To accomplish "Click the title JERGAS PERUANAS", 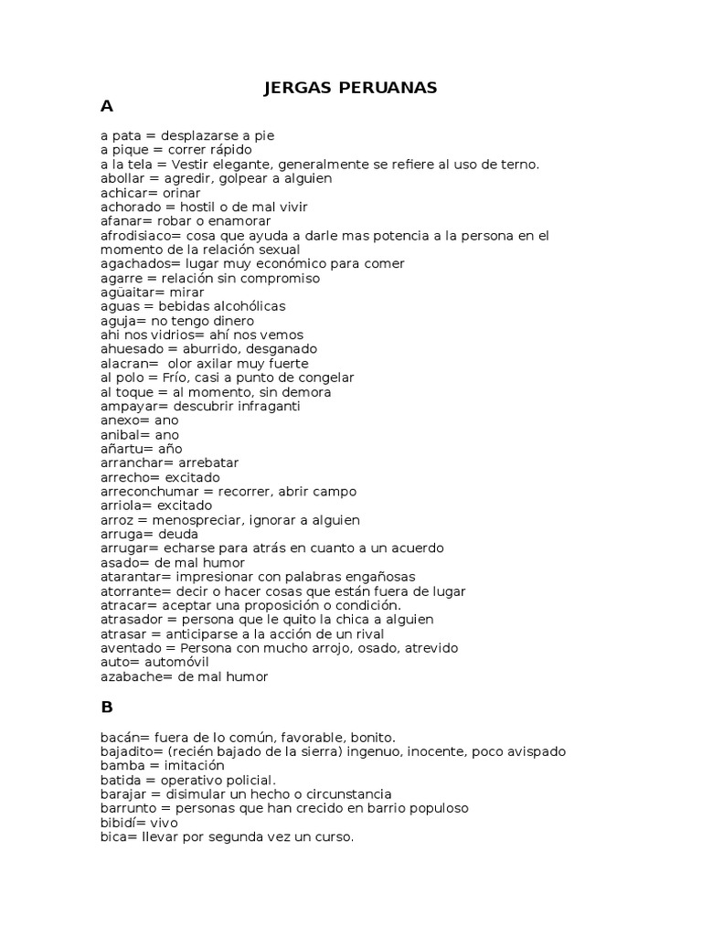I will tap(350, 88).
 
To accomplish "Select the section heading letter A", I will tap(107, 107).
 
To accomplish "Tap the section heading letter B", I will tap(107, 707).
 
